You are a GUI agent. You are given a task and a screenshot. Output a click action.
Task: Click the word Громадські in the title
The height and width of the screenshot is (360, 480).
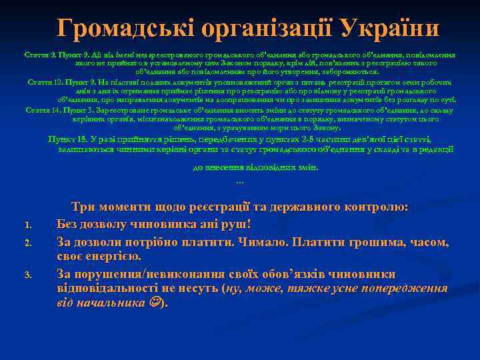pos(113,29)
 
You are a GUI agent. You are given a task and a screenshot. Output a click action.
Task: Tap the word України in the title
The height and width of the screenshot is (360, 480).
pos(391,29)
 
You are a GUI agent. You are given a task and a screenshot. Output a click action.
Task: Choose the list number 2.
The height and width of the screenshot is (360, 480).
pos(27,241)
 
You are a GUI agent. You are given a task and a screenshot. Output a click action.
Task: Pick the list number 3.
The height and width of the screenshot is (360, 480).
pos(27,275)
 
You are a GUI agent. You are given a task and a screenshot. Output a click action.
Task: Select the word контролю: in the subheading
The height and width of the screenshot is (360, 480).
pos(377,207)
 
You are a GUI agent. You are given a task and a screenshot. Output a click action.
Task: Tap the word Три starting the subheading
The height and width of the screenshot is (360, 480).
pos(84,207)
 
